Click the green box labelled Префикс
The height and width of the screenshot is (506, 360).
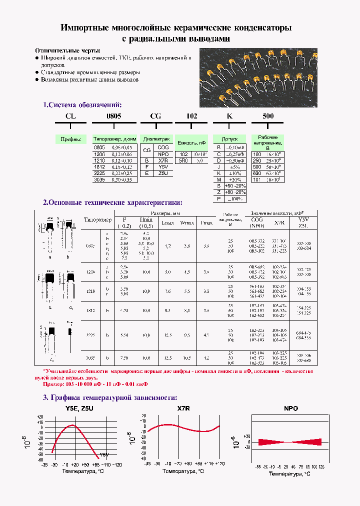pyautogui.click(x=70, y=139)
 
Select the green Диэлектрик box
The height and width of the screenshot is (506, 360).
pyautogui.click(x=156, y=139)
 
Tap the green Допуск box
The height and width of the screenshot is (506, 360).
pyautogui.click(x=229, y=139)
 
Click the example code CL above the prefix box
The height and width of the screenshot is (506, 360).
pyautogui.click(x=70, y=116)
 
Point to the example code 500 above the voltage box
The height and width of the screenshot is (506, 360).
pyautogui.click(x=268, y=116)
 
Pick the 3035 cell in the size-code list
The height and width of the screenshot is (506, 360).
pyautogui.click(x=99, y=179)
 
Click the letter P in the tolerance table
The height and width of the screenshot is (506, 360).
pyautogui.click(x=218, y=198)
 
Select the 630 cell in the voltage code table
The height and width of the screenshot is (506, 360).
pyautogui.click(x=257, y=173)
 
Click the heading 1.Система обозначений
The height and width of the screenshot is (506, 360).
pyautogui.click(x=82, y=105)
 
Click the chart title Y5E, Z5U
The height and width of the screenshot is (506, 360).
pyautogui.click(x=79, y=408)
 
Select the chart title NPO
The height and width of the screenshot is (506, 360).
pyautogui.click(x=290, y=408)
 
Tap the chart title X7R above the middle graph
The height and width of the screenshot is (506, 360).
pyautogui.click(x=183, y=408)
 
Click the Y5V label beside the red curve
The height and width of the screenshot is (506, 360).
pyautogui.click(x=104, y=454)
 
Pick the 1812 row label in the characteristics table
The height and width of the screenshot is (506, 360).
pyautogui.click(x=90, y=310)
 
